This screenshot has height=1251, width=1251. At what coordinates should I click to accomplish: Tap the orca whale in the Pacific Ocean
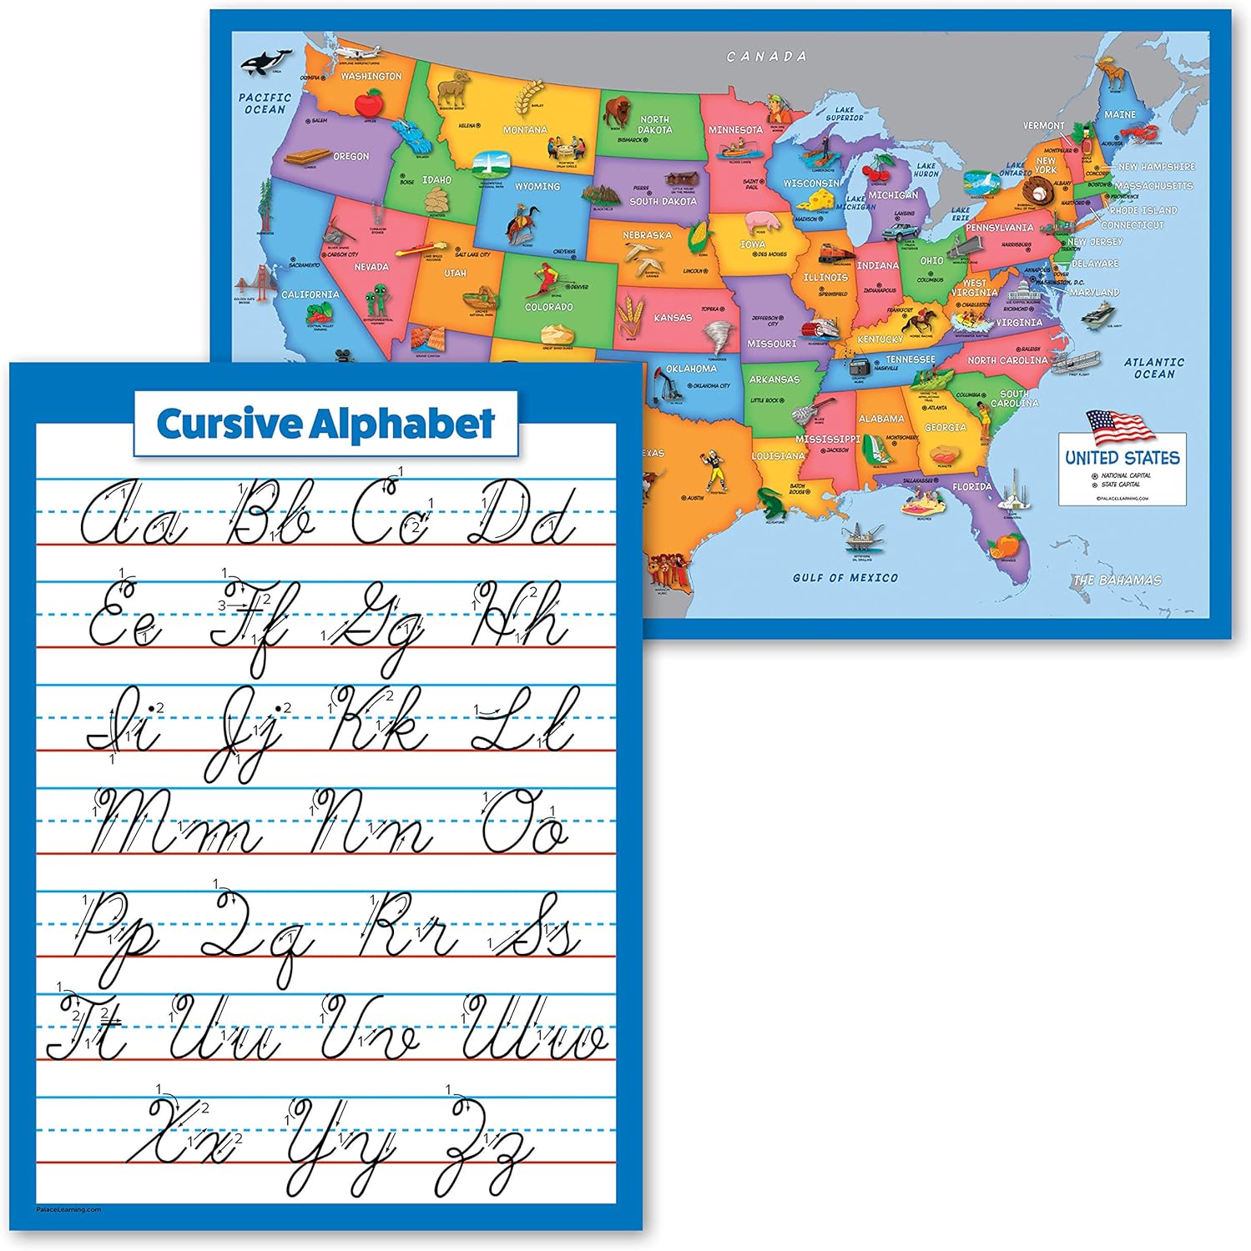pos(265,61)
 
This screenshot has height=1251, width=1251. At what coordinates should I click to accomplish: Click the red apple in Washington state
pos(367,103)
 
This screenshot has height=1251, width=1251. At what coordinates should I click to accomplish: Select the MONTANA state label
pos(525,130)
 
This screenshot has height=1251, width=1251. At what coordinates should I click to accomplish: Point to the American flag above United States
pos(1120,427)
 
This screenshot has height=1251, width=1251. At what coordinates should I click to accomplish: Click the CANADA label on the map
pos(766,57)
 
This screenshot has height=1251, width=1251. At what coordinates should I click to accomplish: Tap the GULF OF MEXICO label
pos(845,577)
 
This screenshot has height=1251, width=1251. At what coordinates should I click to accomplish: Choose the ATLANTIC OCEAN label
pos(1153,368)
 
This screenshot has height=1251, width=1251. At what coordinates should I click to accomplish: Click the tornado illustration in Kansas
pos(717,336)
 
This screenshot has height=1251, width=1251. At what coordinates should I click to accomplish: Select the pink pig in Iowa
pos(760,221)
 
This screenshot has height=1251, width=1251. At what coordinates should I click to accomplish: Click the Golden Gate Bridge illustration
pos(248,281)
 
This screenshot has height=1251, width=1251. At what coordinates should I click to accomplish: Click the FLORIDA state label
pos(972,486)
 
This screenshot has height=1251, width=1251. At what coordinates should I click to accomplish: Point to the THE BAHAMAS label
pos(1117,580)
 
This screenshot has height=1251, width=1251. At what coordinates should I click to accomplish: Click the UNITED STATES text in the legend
pos(1122,458)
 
